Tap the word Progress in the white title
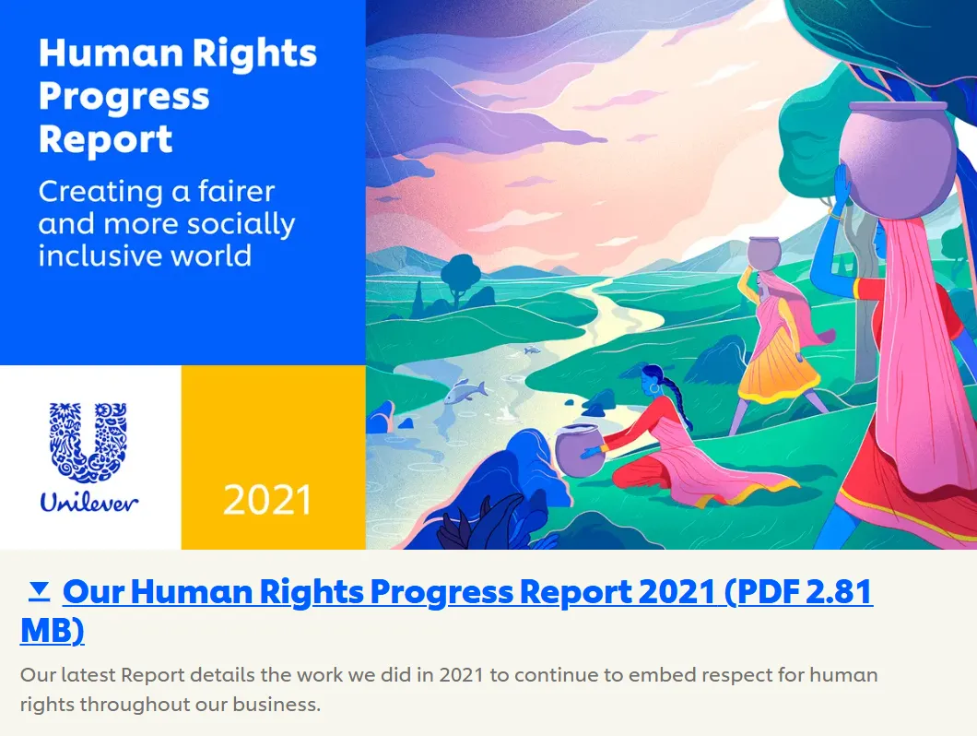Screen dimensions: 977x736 coord(124,97)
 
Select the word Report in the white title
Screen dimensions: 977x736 coord(105,139)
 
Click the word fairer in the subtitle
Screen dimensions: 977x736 coord(236,192)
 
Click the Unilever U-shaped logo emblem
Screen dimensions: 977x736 coord(88,442)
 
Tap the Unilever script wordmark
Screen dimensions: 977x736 coord(88,502)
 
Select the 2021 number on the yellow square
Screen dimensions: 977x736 coord(268,501)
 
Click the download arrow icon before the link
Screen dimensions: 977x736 coord(40,591)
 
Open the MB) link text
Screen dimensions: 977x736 coord(53,630)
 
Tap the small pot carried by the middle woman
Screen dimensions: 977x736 coord(764,254)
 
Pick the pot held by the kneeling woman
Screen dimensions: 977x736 coord(579,448)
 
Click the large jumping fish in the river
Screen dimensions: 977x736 coord(465,391)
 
